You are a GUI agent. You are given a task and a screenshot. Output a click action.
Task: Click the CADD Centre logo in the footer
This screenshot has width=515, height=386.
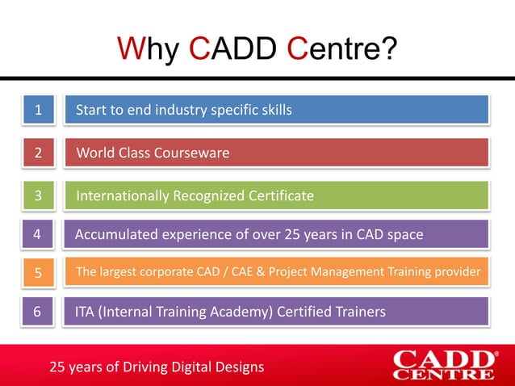[444, 364]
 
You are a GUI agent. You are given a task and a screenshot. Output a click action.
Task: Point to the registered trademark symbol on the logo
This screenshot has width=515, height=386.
[495, 354]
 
